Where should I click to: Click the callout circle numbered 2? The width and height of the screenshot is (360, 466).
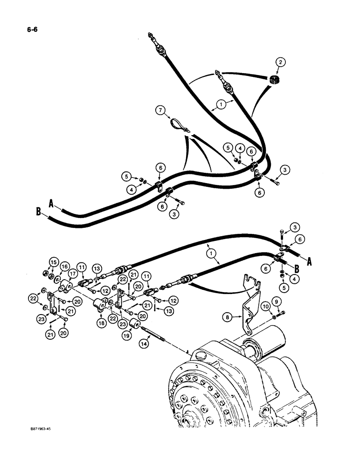click(280, 62)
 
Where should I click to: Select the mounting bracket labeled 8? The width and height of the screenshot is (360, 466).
click(249, 303)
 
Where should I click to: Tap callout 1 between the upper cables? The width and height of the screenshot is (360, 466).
click(222, 105)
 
